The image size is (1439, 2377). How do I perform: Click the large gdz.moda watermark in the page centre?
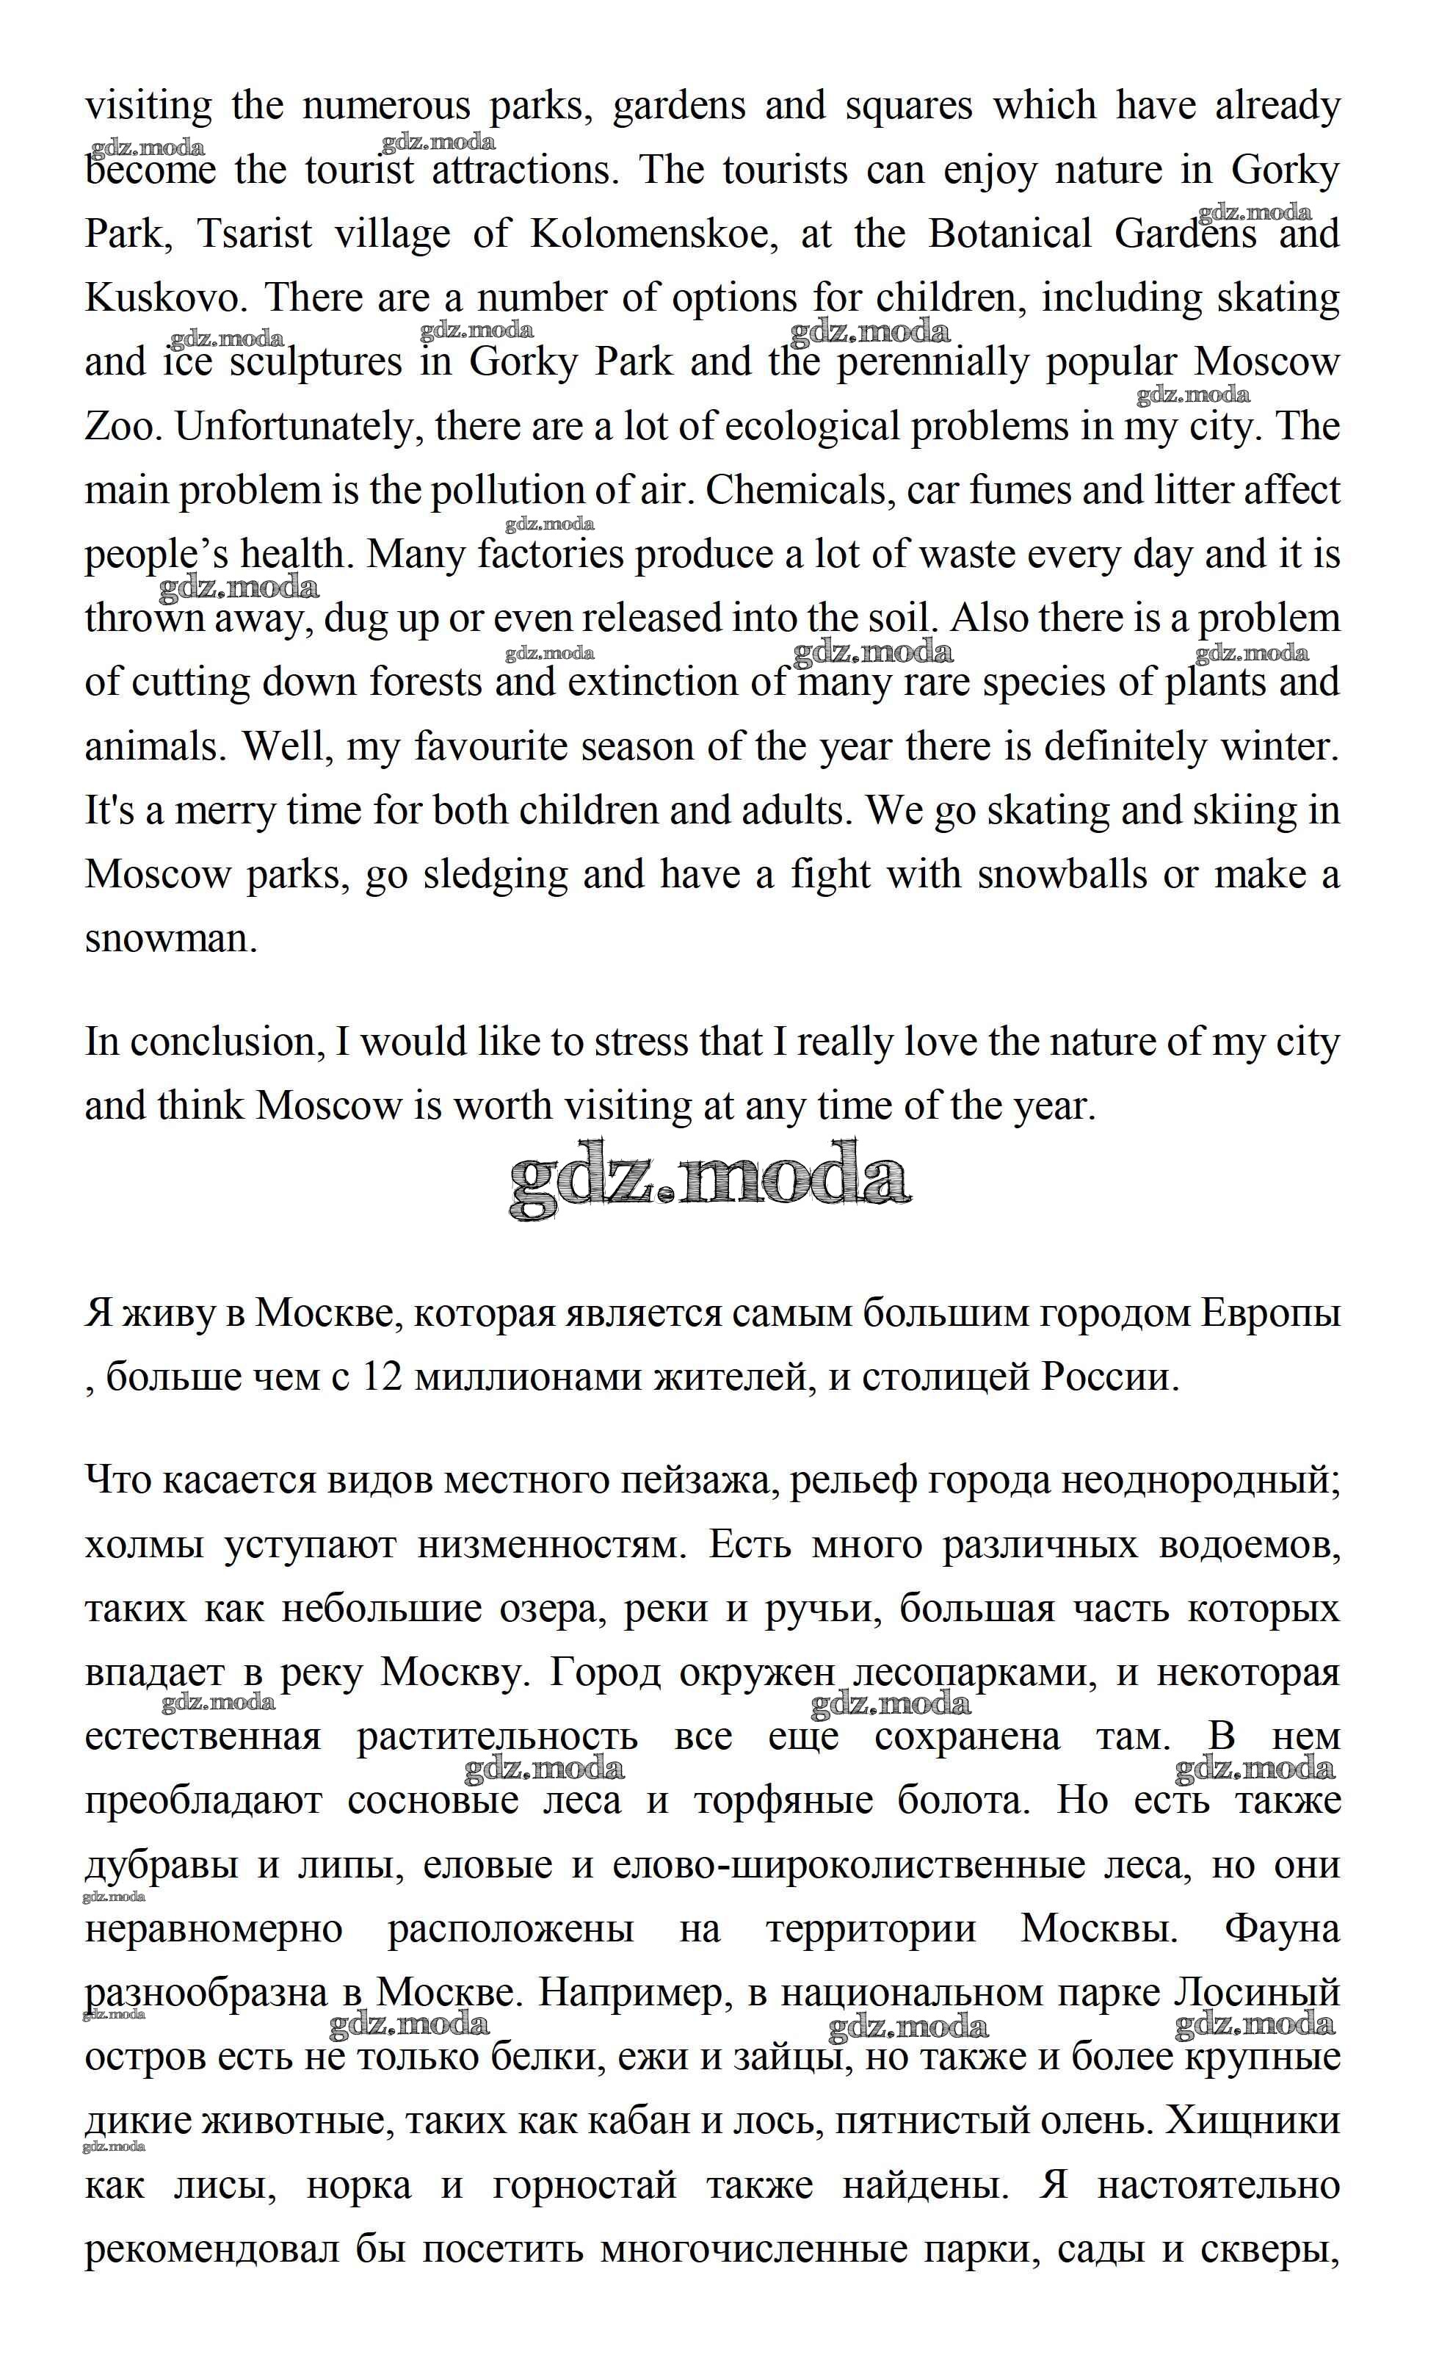point(710,1180)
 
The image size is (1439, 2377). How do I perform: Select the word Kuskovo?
point(160,298)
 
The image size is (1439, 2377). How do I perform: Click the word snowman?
point(170,938)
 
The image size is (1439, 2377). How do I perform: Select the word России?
point(1109,1377)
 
